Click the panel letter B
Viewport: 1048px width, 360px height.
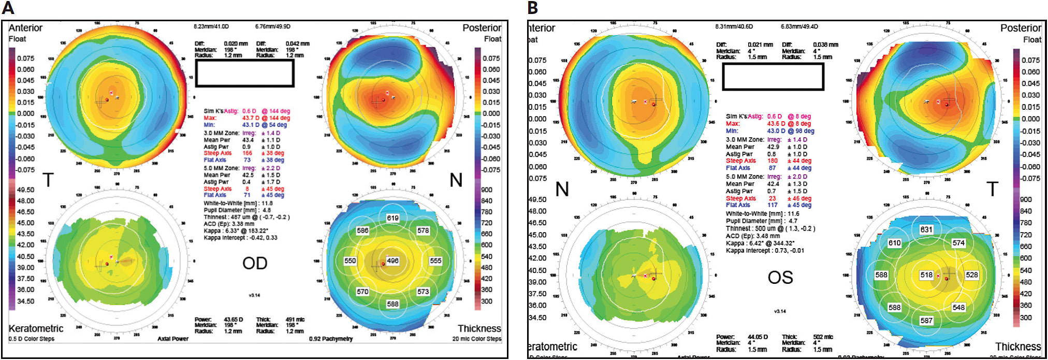click(x=532, y=8)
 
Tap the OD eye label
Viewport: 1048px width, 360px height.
click(x=255, y=263)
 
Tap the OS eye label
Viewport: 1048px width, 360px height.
click(x=780, y=278)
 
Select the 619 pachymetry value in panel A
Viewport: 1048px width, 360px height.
click(x=392, y=218)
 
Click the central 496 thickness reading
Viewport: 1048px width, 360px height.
click(x=392, y=261)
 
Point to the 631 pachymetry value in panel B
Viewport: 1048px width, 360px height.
click(x=926, y=229)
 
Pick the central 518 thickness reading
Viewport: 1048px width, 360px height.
click(x=926, y=275)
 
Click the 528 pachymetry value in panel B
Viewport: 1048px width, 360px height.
click(x=971, y=275)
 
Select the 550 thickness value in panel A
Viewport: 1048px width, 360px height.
click(x=350, y=261)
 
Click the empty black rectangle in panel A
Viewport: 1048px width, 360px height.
click(x=244, y=73)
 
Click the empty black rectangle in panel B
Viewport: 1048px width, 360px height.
click(x=773, y=77)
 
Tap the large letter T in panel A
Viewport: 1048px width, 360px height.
click(x=48, y=180)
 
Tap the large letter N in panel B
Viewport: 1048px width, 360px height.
click(x=562, y=189)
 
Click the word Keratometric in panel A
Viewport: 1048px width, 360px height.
click(x=36, y=328)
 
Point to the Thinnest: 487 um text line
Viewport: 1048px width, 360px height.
click(x=246, y=217)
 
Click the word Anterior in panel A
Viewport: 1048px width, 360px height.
click(x=25, y=28)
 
